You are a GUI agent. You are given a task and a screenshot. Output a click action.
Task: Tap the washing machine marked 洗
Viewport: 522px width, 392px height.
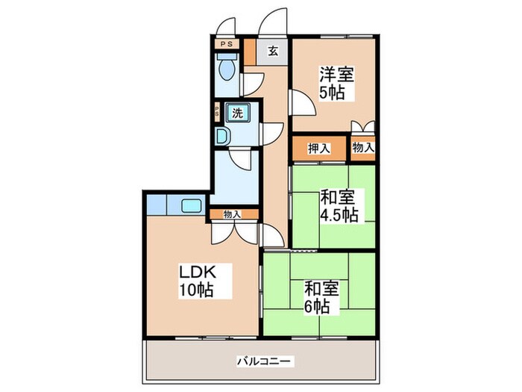(237, 113)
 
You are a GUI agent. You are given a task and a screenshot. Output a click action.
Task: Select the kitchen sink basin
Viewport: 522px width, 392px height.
(192, 205)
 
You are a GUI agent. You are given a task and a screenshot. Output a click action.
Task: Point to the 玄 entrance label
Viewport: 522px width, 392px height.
(273, 51)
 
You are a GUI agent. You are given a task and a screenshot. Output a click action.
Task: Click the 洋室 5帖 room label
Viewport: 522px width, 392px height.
(336, 84)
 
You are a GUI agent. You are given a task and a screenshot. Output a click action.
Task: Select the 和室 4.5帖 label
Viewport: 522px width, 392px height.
(339, 206)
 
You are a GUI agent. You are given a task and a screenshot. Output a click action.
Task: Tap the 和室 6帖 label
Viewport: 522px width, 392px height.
(321, 297)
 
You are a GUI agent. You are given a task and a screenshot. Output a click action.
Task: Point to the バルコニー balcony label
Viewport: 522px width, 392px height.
(265, 361)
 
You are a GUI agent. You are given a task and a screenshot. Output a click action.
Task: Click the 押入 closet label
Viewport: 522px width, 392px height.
(319, 149)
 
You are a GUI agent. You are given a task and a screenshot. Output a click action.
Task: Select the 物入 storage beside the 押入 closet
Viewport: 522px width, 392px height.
(363, 147)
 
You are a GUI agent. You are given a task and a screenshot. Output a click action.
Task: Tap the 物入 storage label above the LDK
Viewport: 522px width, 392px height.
(232, 214)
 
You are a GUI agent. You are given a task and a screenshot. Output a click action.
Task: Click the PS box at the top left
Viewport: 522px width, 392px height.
(227, 43)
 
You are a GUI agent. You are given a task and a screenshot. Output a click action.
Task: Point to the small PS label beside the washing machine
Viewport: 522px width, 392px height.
(217, 111)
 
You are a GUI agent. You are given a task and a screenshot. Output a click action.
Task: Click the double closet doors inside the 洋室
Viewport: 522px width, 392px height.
(363, 126)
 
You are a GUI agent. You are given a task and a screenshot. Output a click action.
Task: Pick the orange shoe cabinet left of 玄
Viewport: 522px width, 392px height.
(250, 52)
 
